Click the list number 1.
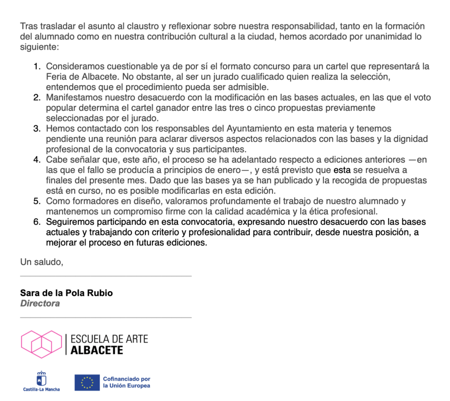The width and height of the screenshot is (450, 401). click(36, 67)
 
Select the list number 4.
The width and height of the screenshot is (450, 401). click(36, 159)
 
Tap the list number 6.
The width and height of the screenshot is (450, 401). click(36, 222)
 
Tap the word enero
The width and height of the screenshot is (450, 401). click(228, 170)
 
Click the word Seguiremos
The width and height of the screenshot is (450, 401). click(68, 222)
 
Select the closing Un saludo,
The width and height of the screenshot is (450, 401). click(42, 263)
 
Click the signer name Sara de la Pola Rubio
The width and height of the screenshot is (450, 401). click(66, 293)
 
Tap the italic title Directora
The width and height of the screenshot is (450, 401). click(40, 303)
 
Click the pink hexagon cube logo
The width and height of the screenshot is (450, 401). click(42, 344)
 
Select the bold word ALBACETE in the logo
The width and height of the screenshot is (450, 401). click(97, 350)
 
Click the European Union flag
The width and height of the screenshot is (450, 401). click(87, 382)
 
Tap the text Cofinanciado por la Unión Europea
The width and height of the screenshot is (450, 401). click(127, 382)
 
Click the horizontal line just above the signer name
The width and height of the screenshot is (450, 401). click(106, 276)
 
